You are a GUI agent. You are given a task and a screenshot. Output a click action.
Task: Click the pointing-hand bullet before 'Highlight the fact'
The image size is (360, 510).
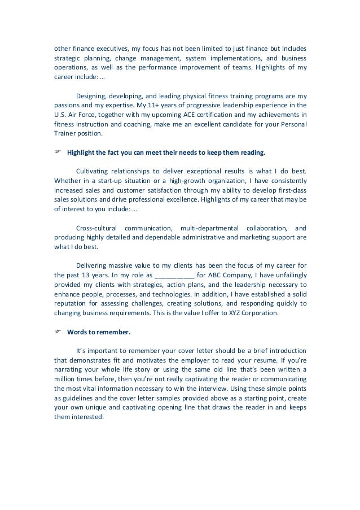click(57, 152)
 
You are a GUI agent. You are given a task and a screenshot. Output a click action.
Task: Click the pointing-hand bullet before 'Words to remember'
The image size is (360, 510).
click(57, 332)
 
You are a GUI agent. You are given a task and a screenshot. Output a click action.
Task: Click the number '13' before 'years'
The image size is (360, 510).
click(86, 276)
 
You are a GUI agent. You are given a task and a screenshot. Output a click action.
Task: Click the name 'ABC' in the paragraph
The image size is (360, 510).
click(213, 276)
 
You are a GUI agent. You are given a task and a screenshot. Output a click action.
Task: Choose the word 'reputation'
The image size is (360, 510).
click(71, 303)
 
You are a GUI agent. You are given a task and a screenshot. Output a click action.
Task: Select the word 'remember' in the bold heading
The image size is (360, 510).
click(109, 332)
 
